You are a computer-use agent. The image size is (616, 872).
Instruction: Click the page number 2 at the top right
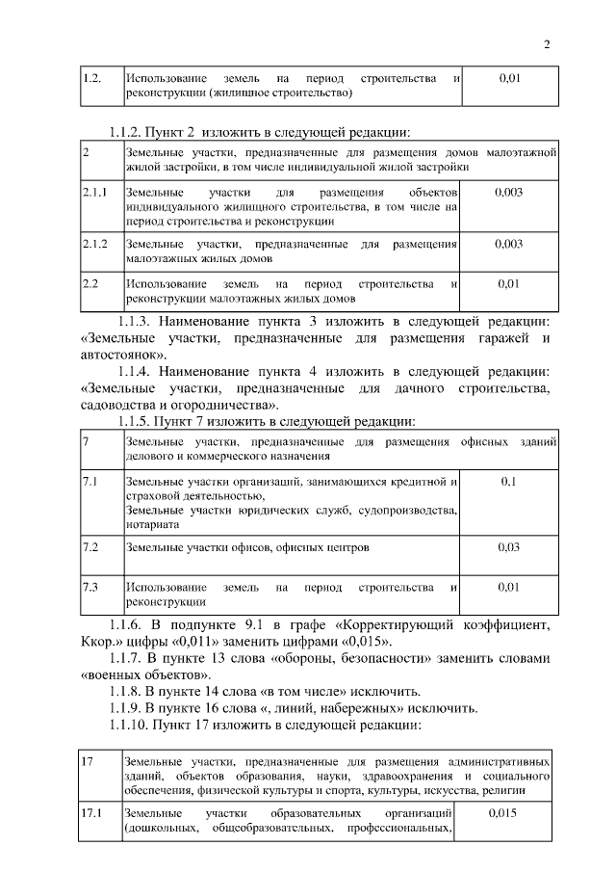547,44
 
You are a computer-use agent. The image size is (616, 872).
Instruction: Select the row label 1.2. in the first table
91,76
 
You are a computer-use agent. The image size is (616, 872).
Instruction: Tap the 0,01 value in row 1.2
509,76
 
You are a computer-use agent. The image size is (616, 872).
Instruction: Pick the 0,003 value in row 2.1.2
508,245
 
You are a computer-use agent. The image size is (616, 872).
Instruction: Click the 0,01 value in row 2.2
509,285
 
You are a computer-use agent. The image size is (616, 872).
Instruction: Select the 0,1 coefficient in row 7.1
509,480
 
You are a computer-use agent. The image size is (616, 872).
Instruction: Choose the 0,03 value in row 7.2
509,546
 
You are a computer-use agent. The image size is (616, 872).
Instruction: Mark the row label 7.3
91,587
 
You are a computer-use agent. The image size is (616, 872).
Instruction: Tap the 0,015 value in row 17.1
503,814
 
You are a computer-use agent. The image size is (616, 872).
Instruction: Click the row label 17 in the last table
88,762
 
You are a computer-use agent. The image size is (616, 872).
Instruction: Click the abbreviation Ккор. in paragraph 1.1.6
101,642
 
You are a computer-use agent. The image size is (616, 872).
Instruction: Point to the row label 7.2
91,546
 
